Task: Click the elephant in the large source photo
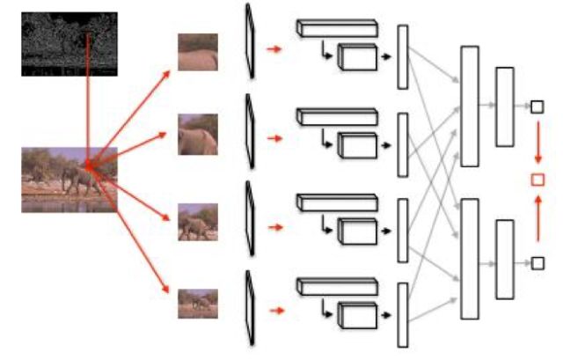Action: [79, 179]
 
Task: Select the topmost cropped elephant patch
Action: [198, 52]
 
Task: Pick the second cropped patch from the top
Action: [198, 134]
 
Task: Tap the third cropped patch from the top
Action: [198, 222]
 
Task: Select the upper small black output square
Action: [537, 107]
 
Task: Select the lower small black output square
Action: [537, 261]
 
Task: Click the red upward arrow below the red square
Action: [537, 220]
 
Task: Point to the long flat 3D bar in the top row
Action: [336, 29]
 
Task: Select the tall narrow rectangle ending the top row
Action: [404, 57]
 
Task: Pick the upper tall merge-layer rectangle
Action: [470, 106]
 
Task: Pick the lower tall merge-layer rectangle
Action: [470, 259]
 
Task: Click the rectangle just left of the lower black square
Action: [504, 259]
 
